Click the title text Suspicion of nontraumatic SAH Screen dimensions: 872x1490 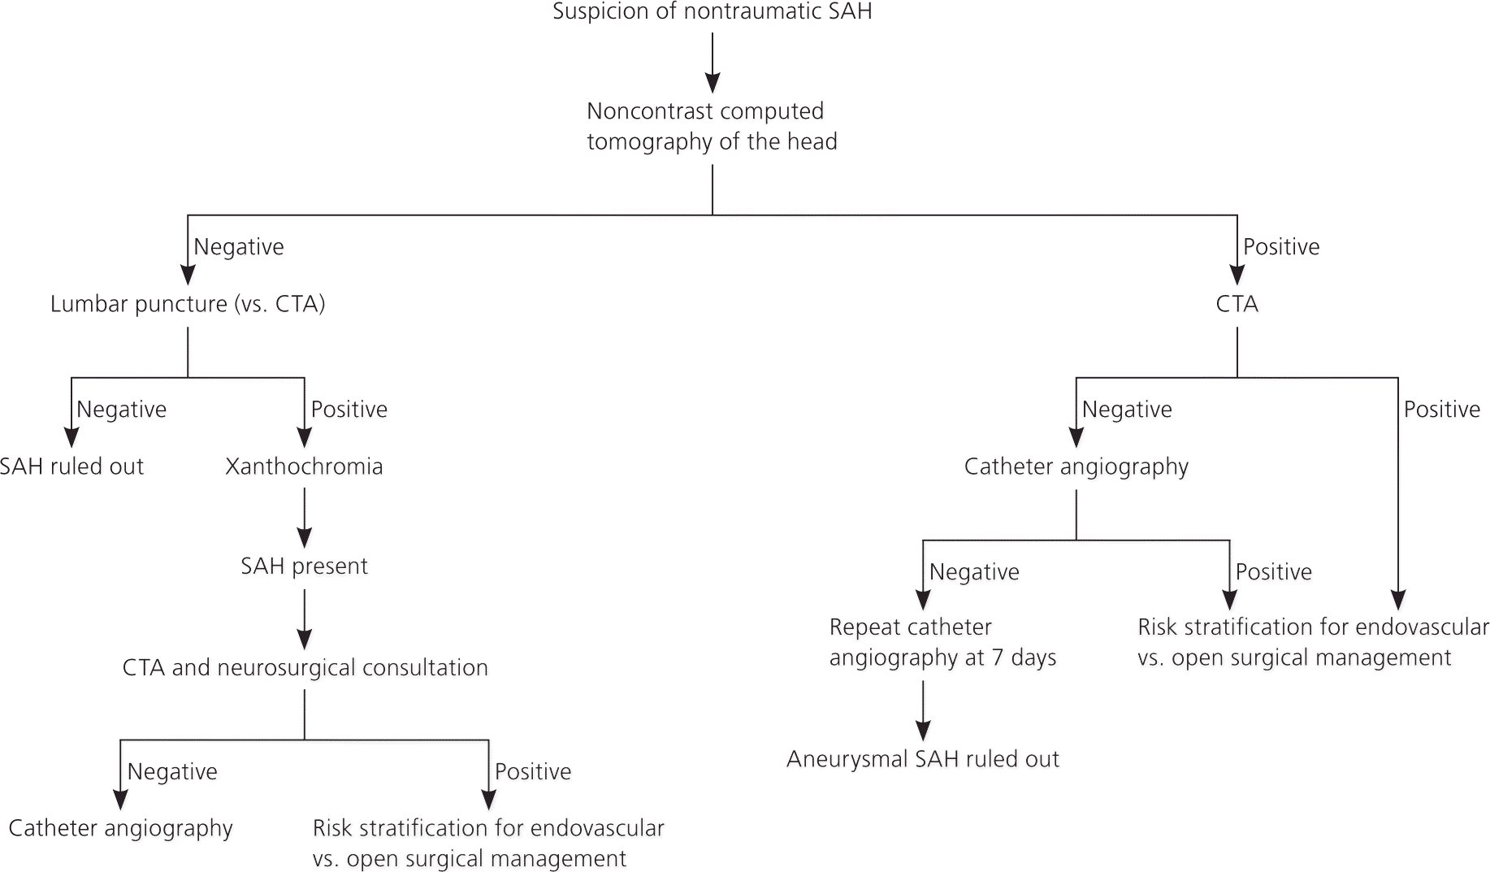(x=712, y=12)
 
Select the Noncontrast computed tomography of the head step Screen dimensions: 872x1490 (x=712, y=126)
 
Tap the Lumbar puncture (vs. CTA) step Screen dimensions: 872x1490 (x=188, y=304)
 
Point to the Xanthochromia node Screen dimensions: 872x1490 (x=304, y=466)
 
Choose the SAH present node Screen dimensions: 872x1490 (x=304, y=566)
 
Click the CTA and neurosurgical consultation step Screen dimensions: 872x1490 (x=305, y=668)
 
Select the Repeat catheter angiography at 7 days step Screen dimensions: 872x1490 (x=942, y=642)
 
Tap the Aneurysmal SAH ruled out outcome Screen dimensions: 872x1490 (x=923, y=759)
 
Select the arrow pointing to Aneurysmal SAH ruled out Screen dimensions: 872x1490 (x=923, y=710)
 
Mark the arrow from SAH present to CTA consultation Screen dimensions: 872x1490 (x=304, y=619)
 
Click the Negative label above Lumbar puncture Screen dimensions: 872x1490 (x=239, y=247)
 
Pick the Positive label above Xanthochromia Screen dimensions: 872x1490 (x=349, y=410)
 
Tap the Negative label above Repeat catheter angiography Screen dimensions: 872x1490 (x=974, y=572)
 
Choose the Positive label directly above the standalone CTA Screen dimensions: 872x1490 (x=1281, y=247)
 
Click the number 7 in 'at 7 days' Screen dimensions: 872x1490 (x=997, y=657)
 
